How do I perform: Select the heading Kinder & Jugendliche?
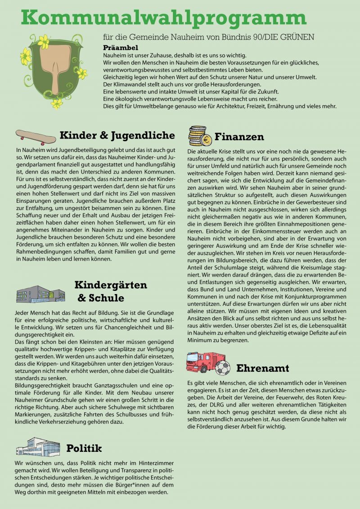117,135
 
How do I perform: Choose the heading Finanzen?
239,136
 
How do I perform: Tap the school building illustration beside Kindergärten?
40,295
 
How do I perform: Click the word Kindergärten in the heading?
110,285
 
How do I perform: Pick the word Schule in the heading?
108,298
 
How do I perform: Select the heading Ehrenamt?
263,368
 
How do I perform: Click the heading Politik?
84,448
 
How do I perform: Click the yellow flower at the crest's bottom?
57,104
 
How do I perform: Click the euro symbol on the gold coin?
207,140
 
